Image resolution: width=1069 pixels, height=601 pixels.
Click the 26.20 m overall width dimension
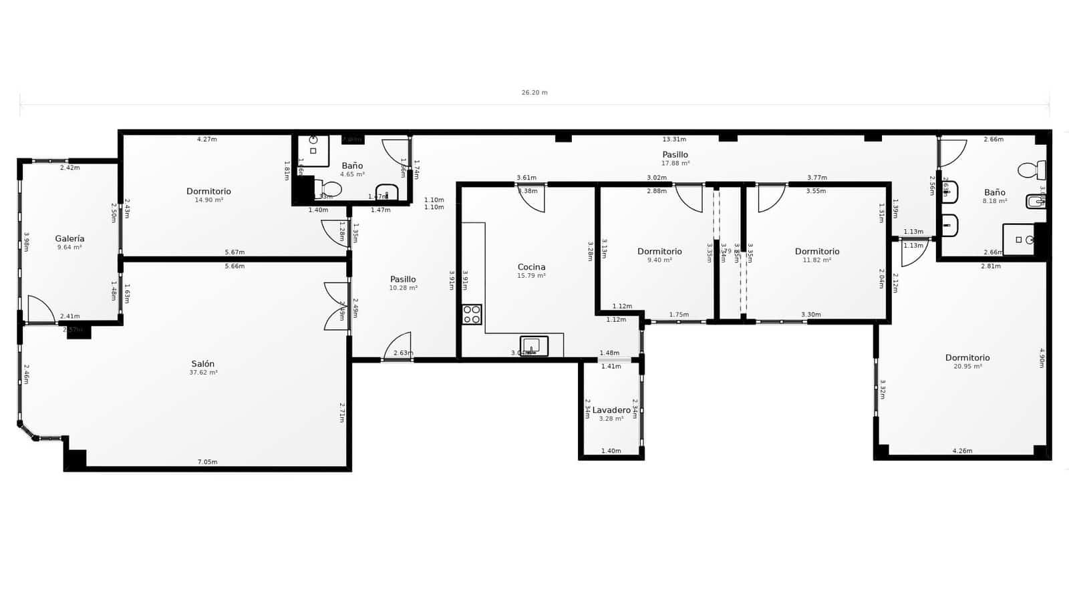(x=534, y=93)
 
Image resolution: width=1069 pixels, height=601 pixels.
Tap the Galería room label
(x=69, y=238)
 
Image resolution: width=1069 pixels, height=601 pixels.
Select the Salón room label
(x=203, y=364)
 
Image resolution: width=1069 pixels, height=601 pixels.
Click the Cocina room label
(x=531, y=267)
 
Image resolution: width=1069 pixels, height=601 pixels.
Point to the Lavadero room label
(x=611, y=410)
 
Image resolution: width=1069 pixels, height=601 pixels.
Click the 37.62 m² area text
(x=203, y=373)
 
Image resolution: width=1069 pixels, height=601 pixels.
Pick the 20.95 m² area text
(x=967, y=367)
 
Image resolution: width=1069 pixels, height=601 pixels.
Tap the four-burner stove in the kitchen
(x=472, y=315)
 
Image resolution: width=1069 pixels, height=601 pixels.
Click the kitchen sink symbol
(x=534, y=345)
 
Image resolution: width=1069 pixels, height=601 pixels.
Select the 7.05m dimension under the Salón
(x=207, y=462)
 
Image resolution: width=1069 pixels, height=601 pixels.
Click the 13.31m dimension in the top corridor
(x=674, y=140)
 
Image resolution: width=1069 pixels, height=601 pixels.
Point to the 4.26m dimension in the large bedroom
(x=962, y=451)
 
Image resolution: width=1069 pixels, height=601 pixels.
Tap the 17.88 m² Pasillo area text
(x=675, y=163)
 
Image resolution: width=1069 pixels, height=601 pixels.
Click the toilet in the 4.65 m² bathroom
(x=331, y=190)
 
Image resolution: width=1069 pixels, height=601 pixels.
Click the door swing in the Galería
(x=40, y=310)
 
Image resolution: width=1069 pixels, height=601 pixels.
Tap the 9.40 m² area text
(x=659, y=260)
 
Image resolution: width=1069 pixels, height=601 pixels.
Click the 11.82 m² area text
(x=817, y=260)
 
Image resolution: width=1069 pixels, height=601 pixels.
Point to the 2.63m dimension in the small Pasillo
(x=403, y=353)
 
